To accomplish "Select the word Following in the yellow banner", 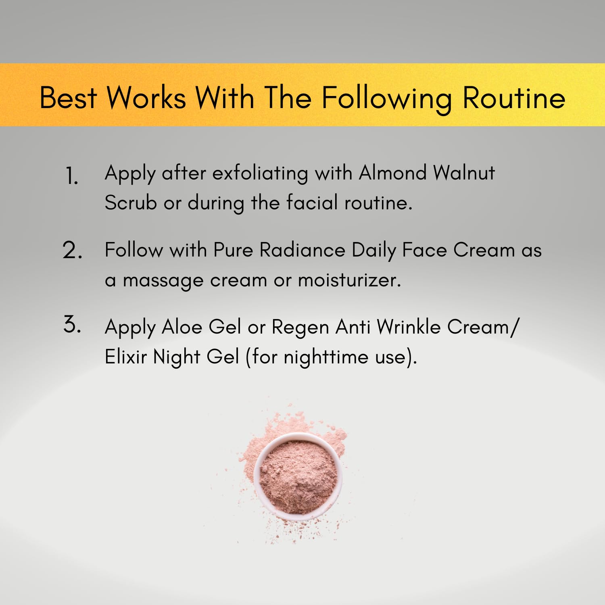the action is [386, 100].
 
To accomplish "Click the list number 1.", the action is [71, 176].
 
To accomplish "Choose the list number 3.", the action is [72, 325].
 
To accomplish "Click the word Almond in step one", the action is [392, 173].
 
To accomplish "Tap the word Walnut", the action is [464, 173].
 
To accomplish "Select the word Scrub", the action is [131, 202].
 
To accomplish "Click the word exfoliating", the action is [260, 174].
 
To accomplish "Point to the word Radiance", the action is [302, 250].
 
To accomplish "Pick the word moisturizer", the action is [349, 280].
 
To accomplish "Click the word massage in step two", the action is [163, 282].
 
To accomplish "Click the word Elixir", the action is [125, 357].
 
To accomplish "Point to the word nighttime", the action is [326, 358].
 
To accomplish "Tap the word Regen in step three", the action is [300, 328].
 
